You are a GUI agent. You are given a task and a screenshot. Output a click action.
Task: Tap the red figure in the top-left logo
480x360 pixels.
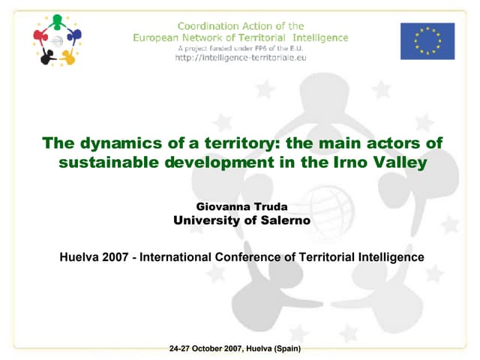coord(41,36)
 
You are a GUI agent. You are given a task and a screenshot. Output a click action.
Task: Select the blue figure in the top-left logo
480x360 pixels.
coord(73,35)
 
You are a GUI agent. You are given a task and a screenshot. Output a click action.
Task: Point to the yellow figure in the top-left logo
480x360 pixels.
coord(68,56)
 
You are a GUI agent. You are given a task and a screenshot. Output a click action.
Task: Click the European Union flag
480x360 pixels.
coord(427,40)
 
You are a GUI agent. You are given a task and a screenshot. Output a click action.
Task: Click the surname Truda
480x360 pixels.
coord(268,205)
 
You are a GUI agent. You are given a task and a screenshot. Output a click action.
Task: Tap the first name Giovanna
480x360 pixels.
coord(222,205)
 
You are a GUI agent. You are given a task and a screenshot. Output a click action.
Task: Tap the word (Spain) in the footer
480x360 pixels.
coord(287,349)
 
